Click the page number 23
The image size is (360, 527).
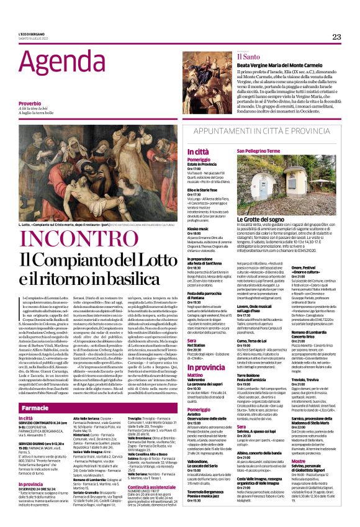pyautogui.click(x=336, y=37)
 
